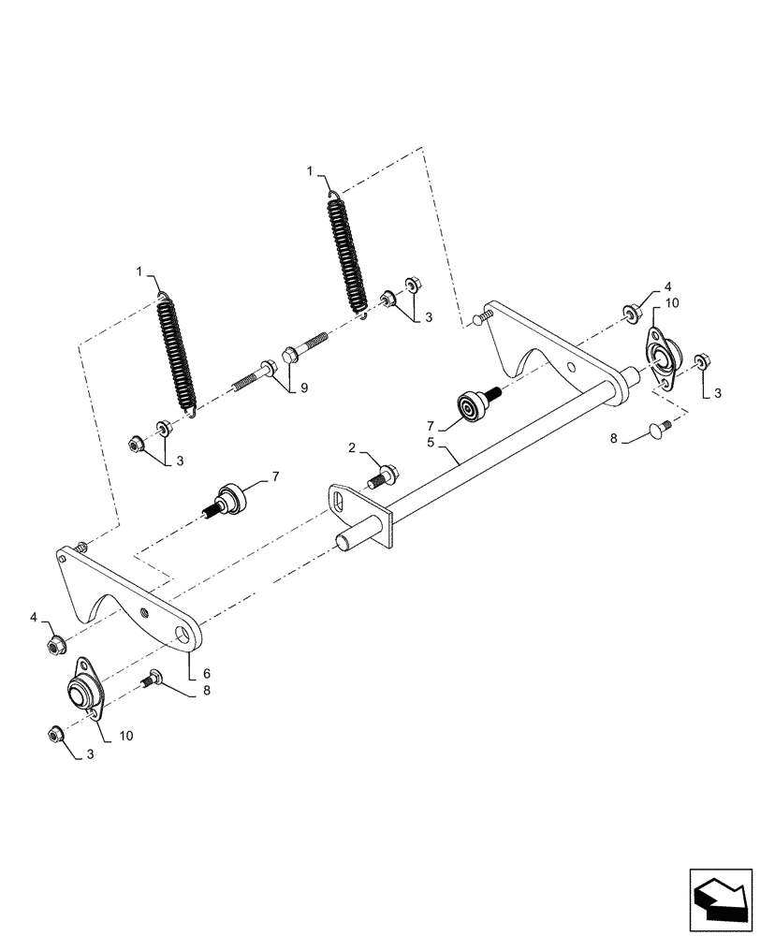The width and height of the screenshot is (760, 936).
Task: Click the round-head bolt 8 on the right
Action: tap(659, 430)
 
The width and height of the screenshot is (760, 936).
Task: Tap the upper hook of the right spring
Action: tap(335, 196)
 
